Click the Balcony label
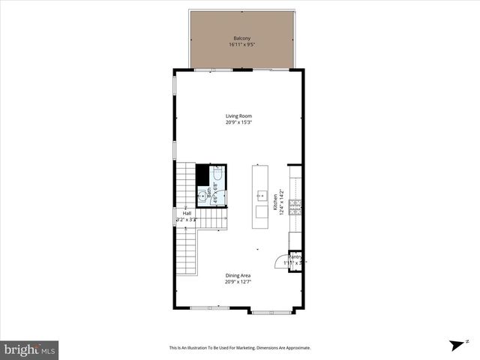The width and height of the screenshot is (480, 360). (x=240, y=37)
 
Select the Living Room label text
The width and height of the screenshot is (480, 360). (x=239, y=115)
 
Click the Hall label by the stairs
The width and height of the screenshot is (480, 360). (x=187, y=214)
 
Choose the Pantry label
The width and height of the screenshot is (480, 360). (x=295, y=257)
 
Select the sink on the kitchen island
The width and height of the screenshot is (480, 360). (x=261, y=196)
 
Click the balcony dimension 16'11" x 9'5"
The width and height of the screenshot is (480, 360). (x=240, y=44)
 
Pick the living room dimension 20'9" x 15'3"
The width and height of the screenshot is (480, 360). (x=239, y=122)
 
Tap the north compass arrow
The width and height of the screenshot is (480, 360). (x=454, y=345)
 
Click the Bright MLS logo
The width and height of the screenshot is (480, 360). (x=30, y=349)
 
